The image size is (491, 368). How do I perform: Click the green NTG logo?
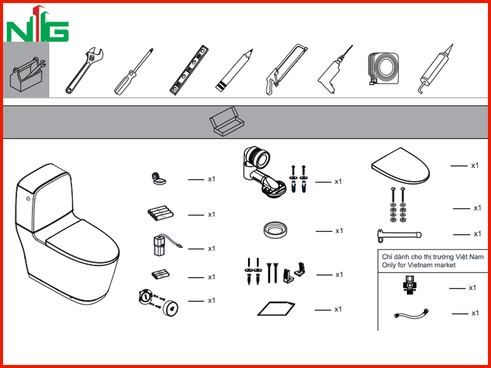tap(37, 25)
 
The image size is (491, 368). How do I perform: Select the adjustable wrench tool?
tap(84, 71)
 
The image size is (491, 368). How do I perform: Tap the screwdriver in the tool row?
tap(134, 71)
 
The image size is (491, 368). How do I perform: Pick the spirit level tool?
tap(189, 70)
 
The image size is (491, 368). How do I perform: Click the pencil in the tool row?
tap(234, 71)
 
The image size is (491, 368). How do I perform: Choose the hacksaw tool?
tap(286, 69)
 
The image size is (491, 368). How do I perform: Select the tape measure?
tap(383, 69)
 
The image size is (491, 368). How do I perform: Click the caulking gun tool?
tap(436, 69)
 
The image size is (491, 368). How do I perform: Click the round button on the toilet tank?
tap(28, 198)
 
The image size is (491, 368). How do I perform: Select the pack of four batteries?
tap(160, 213)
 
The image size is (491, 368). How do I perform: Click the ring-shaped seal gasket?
tap(274, 230)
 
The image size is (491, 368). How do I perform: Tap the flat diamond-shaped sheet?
tap(276, 309)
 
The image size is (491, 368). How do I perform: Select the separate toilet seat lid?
tap(401, 166)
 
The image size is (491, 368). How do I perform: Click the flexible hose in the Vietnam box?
tap(411, 313)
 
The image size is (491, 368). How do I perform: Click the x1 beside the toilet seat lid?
tap(475, 166)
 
